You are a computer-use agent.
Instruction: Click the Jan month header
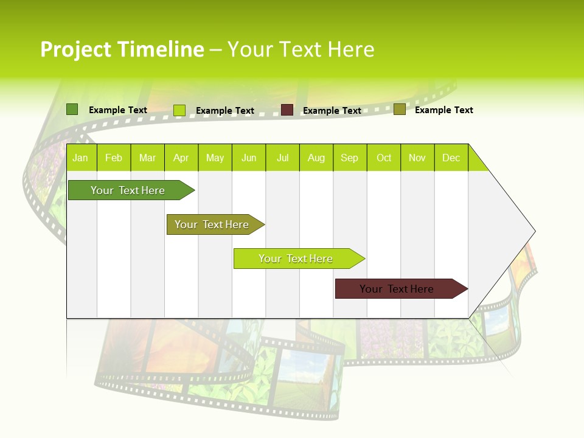[x=80, y=158]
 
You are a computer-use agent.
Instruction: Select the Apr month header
[x=181, y=158]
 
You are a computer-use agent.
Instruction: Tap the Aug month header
[x=316, y=158]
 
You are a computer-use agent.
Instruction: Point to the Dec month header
[x=451, y=158]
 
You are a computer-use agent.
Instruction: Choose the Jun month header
[x=249, y=158]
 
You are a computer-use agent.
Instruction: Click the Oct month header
[x=384, y=158]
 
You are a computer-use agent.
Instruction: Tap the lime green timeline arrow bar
[x=297, y=259]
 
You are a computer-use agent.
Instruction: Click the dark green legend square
[x=72, y=109]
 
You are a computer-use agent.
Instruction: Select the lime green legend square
[x=179, y=110]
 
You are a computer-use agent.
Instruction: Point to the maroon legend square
[x=287, y=110]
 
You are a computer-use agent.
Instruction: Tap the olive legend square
[x=400, y=109]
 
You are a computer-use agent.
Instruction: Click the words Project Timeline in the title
[x=122, y=49]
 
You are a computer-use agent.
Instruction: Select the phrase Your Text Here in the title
[x=301, y=49]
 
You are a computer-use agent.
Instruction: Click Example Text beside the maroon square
[x=332, y=111]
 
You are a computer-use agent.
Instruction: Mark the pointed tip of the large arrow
[x=534, y=231]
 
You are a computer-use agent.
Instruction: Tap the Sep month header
[x=349, y=158]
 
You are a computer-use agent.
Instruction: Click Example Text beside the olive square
[x=444, y=110]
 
